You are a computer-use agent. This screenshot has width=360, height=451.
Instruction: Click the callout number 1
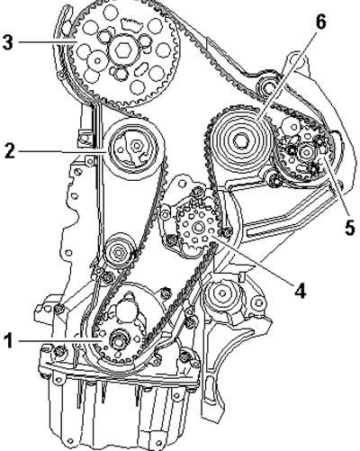pyautogui.click(x=9, y=341)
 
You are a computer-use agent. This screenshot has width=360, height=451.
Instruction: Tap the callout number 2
pyautogui.click(x=10, y=151)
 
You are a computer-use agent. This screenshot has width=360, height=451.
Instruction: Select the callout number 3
pyautogui.click(x=8, y=41)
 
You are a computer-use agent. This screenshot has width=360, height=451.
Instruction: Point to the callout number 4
pyautogui.click(x=300, y=290)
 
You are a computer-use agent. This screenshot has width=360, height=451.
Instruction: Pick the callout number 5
pyautogui.click(x=349, y=227)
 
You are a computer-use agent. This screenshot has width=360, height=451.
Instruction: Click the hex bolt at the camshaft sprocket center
pyautogui.click(x=123, y=50)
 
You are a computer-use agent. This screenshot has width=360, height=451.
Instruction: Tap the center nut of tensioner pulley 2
pyautogui.click(x=137, y=146)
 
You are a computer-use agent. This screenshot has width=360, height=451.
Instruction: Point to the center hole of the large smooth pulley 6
pyautogui.click(x=241, y=140)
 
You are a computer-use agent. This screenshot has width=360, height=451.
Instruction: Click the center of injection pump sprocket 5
pyautogui.click(x=306, y=152)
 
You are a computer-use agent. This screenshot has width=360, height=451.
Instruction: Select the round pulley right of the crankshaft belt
pyautogui.click(x=222, y=293)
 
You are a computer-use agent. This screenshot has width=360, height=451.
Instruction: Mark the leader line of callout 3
pyautogui.click(x=47, y=41)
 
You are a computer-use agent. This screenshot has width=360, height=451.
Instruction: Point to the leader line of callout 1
pyautogui.click(x=60, y=341)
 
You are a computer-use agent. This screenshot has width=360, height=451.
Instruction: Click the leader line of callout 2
pyautogui.click(x=61, y=152)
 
